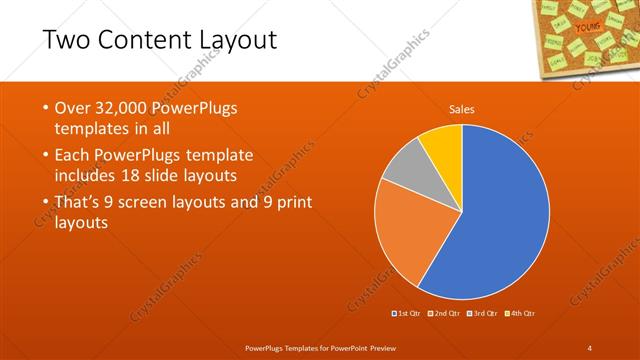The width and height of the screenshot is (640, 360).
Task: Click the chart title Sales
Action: pyautogui.click(x=462, y=109)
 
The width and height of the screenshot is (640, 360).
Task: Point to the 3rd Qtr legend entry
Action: pyautogui.click(x=482, y=314)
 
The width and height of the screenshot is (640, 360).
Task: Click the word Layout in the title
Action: pyautogui.click(x=229, y=41)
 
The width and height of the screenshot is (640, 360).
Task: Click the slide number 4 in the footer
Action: pyautogui.click(x=590, y=347)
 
